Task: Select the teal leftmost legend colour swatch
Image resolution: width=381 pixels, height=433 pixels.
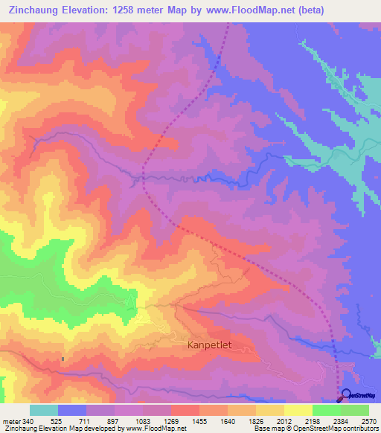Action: [x=44, y=410]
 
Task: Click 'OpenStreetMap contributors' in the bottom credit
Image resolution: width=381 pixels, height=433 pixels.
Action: [x=336, y=429]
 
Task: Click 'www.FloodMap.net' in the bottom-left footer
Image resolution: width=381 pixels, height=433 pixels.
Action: [x=156, y=429]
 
